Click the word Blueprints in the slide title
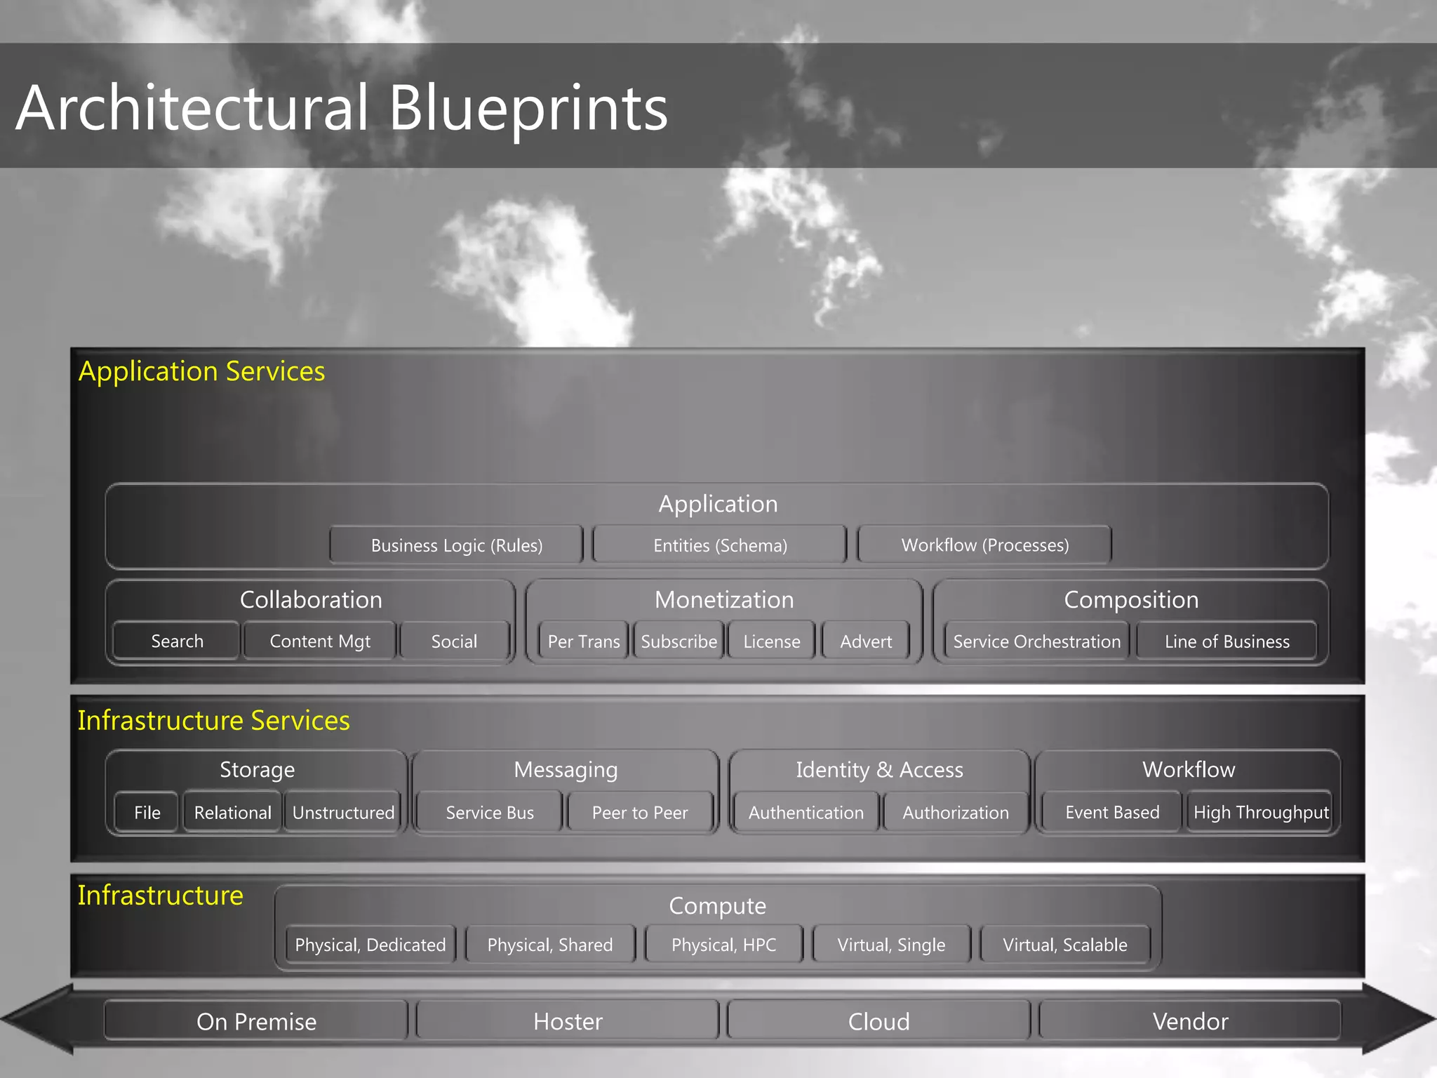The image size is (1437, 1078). pyautogui.click(x=528, y=109)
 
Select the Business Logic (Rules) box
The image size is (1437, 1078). pyautogui.click(x=457, y=545)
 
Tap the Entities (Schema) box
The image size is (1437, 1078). pyautogui.click(x=720, y=545)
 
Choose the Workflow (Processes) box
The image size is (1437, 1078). pyautogui.click(x=984, y=545)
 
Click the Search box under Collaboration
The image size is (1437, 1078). pyautogui.click(x=177, y=641)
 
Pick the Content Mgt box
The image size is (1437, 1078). pyautogui.click(x=320, y=641)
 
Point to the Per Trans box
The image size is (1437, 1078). pyautogui.click(x=583, y=641)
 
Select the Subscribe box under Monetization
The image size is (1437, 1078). pyautogui.click(x=679, y=641)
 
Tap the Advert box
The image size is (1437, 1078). pyautogui.click(x=866, y=641)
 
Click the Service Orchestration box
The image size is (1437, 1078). pyautogui.click(x=1036, y=641)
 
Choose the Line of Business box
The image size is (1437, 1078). pyautogui.click(x=1227, y=641)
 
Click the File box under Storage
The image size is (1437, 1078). pyautogui.click(x=147, y=813)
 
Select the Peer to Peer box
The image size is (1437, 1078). pyautogui.click(x=640, y=813)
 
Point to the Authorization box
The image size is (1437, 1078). pyautogui.click(x=956, y=813)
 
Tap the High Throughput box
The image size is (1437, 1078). pyautogui.click(x=1260, y=813)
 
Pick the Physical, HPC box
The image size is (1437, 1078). pyautogui.click(x=723, y=945)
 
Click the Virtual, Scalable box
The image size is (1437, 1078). pyautogui.click(x=1064, y=945)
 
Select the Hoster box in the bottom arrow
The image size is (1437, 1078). pyautogui.click(x=568, y=1021)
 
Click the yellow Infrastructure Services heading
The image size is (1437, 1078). pyautogui.click(x=213, y=721)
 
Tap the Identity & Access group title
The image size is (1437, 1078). pyautogui.click(x=879, y=770)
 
